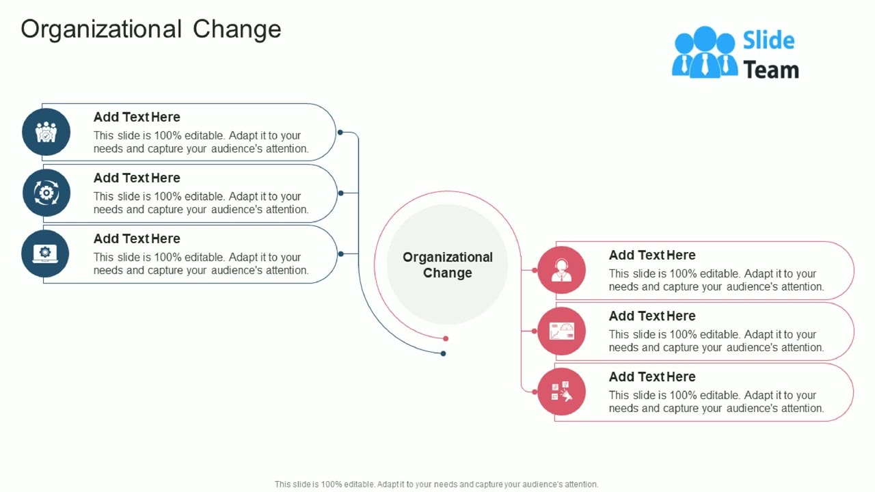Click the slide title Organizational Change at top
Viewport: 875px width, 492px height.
coord(151,29)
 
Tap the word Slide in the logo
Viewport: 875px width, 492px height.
coord(768,40)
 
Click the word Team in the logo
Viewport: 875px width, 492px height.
coord(770,70)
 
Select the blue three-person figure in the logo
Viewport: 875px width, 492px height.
coord(705,53)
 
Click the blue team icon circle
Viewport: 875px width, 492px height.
coord(46,132)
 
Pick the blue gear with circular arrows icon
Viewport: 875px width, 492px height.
coord(46,193)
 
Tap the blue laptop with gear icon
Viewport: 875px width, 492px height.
coord(46,254)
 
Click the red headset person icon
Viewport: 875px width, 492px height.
coord(561,271)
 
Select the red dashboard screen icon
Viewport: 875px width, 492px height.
coord(561,331)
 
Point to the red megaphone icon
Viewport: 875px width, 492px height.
coord(561,392)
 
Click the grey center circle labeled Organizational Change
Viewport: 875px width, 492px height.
coord(447,264)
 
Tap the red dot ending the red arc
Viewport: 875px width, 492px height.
coord(446,338)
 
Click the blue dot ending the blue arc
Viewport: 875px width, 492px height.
coord(443,353)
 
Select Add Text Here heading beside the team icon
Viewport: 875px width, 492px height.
coord(137,117)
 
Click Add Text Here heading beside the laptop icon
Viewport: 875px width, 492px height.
coord(137,238)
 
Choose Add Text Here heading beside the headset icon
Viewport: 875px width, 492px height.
coord(652,255)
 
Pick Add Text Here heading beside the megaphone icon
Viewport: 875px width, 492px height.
coord(652,377)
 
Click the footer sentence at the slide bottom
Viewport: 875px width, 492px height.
coord(436,484)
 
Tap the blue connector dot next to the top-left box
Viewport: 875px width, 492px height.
coord(340,133)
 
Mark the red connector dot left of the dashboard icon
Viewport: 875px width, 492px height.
coord(535,331)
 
